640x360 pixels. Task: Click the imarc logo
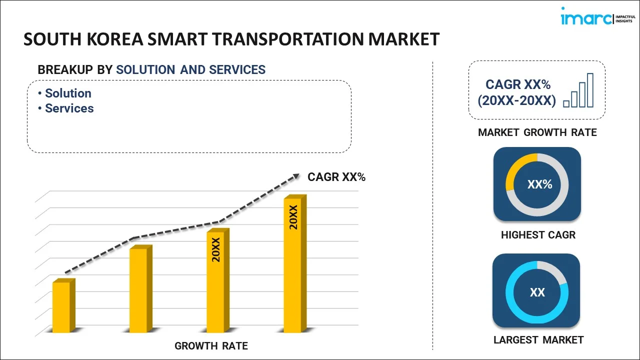pyautogui.click(x=595, y=18)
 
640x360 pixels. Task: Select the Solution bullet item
pyautogui.click(x=68, y=93)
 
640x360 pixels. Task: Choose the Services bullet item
pyautogui.click(x=69, y=108)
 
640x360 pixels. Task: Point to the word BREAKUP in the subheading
pyautogui.click(x=65, y=70)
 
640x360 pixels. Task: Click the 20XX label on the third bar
pyautogui.click(x=216, y=250)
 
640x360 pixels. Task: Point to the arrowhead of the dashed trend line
pyautogui.click(x=296, y=176)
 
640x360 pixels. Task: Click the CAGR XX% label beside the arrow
pyautogui.click(x=336, y=177)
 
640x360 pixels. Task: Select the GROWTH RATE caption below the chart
pyautogui.click(x=211, y=346)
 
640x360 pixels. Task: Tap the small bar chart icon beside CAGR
pyautogui.click(x=578, y=91)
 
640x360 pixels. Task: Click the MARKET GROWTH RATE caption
pyautogui.click(x=537, y=132)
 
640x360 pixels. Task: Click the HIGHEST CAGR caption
pyautogui.click(x=538, y=235)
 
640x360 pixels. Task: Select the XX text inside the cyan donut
pyautogui.click(x=537, y=292)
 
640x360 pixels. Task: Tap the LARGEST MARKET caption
pyautogui.click(x=538, y=340)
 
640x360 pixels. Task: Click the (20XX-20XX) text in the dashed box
pyautogui.click(x=516, y=101)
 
